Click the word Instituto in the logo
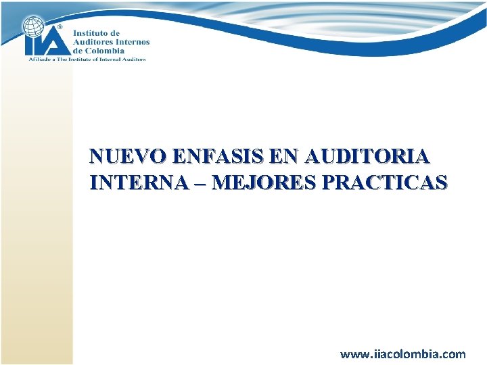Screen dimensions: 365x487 coord(90,33)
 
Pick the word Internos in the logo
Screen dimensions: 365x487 coord(133,42)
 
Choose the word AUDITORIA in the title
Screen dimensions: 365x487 coord(367,157)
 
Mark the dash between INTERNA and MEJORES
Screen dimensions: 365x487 coord(200,183)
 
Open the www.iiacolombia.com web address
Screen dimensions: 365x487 coord(402,354)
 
